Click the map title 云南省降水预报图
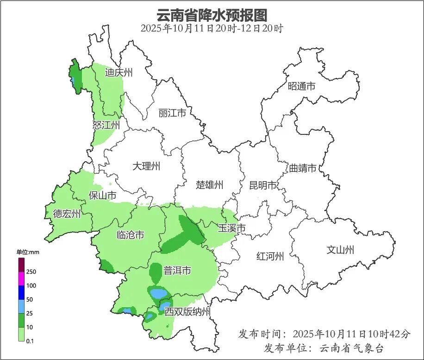212,15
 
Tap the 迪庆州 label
119,72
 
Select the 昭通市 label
301,86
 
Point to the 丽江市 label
172,113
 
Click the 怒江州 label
106,126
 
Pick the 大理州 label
146,166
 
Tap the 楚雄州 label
209,185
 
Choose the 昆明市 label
262,185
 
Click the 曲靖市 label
303,168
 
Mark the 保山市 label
102,196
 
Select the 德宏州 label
67,214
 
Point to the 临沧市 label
130,235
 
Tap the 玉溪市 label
231,228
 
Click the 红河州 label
270,256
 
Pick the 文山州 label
340,250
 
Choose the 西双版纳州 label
187,311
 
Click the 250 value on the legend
31,272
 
